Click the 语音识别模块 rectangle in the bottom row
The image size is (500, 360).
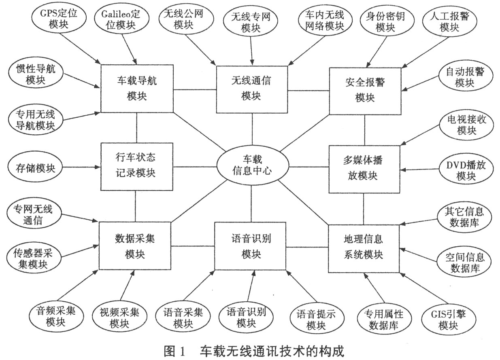click(x=251, y=246)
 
